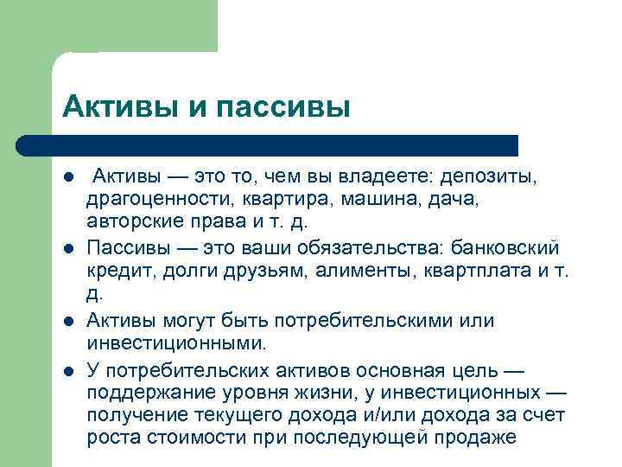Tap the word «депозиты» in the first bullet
point(489,177)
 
